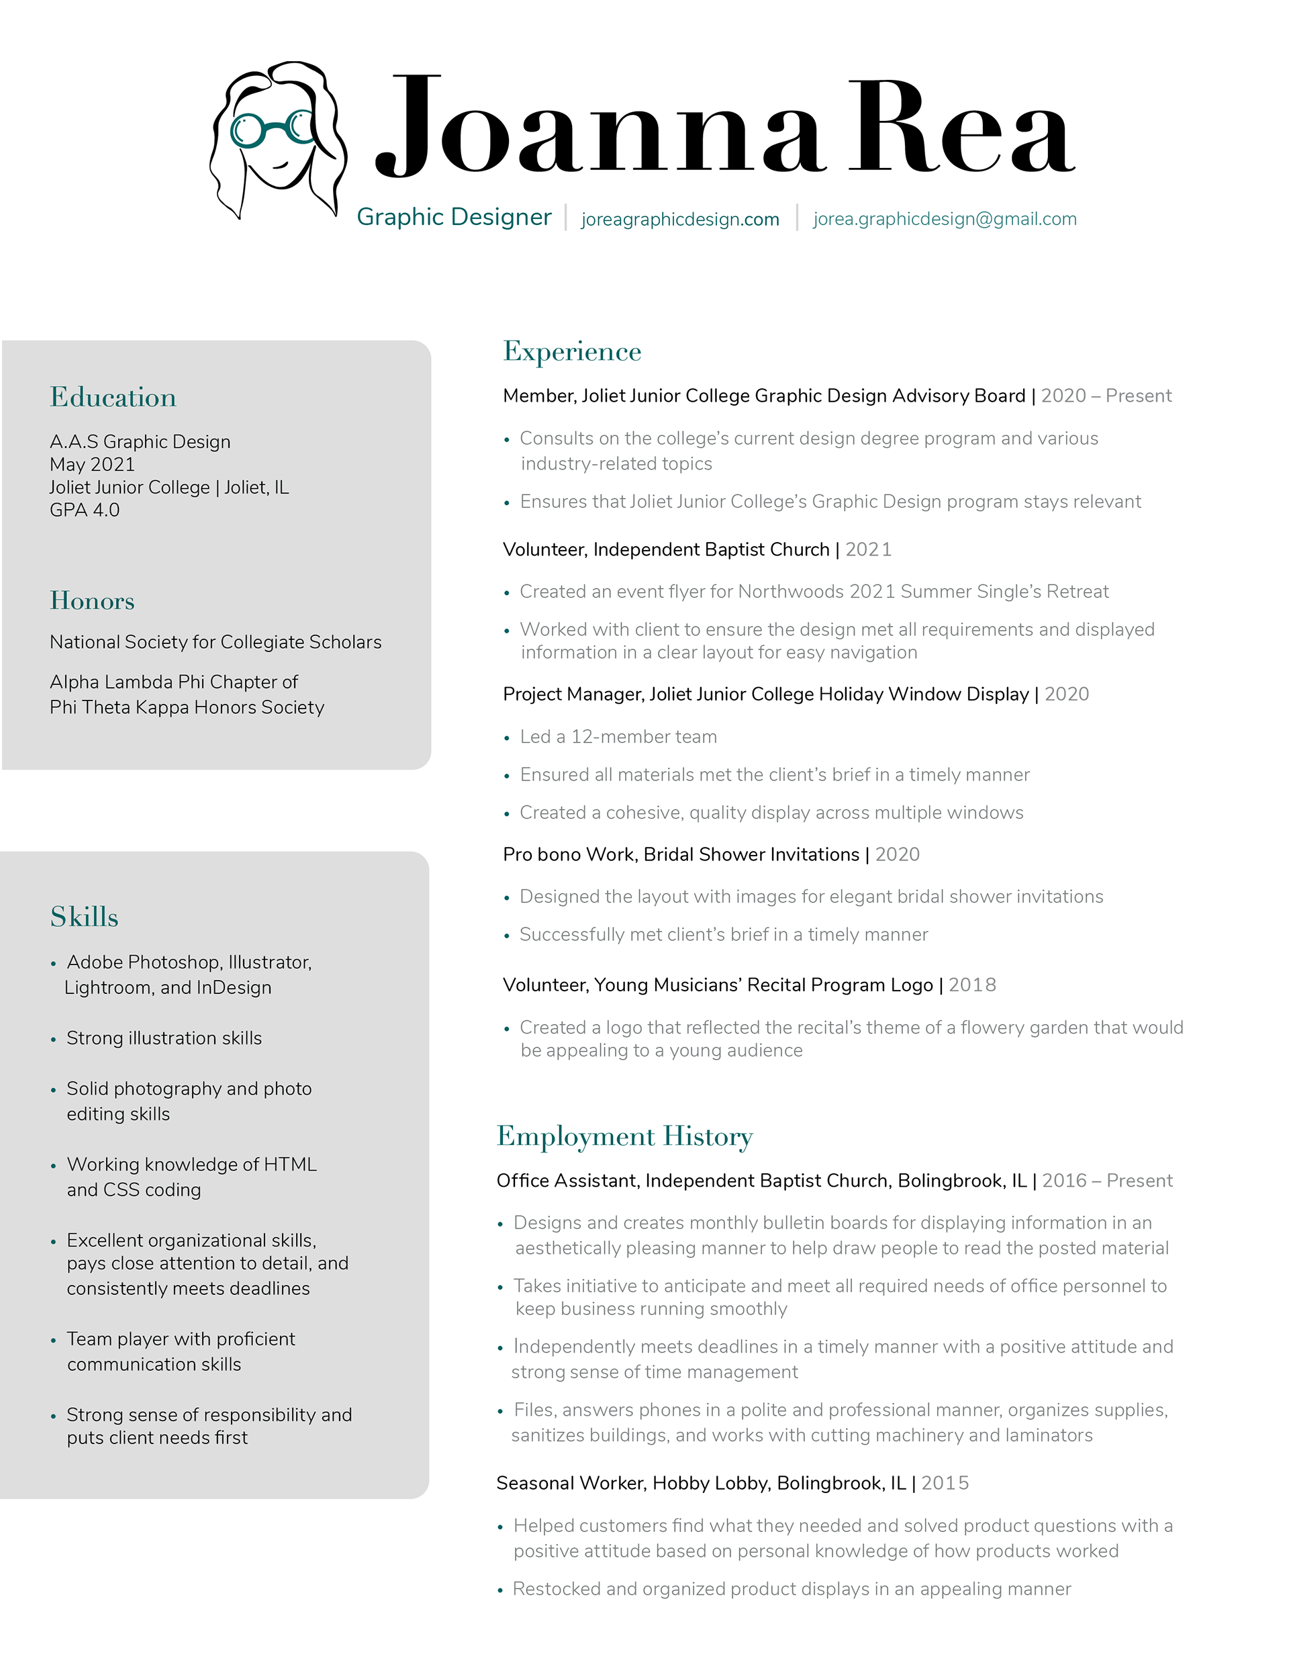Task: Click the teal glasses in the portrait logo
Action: pyautogui.click(x=272, y=128)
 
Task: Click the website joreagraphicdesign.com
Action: pyautogui.click(x=679, y=220)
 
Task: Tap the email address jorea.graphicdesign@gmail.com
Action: pyautogui.click(x=945, y=220)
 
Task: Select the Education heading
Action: pyautogui.click(x=113, y=398)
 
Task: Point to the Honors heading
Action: pyautogui.click(x=93, y=600)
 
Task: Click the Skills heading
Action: pyautogui.click(x=85, y=917)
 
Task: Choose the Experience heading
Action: pyautogui.click(x=571, y=351)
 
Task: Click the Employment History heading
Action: pyautogui.click(x=624, y=1136)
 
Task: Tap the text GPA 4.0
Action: pyautogui.click(x=85, y=510)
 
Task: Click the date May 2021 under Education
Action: pyautogui.click(x=93, y=465)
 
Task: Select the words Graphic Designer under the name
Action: pyautogui.click(x=454, y=217)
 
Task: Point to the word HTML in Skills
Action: pyautogui.click(x=289, y=1164)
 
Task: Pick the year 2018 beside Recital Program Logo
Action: pyautogui.click(x=972, y=985)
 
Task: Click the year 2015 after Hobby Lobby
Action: pyautogui.click(x=945, y=1484)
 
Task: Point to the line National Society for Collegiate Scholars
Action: pyautogui.click(x=216, y=642)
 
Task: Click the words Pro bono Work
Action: pyautogui.click(x=568, y=854)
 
